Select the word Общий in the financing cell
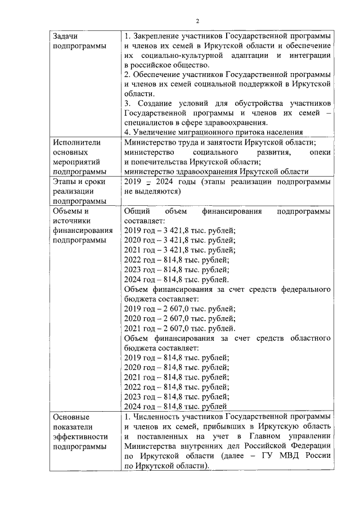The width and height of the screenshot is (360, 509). (136, 211)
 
